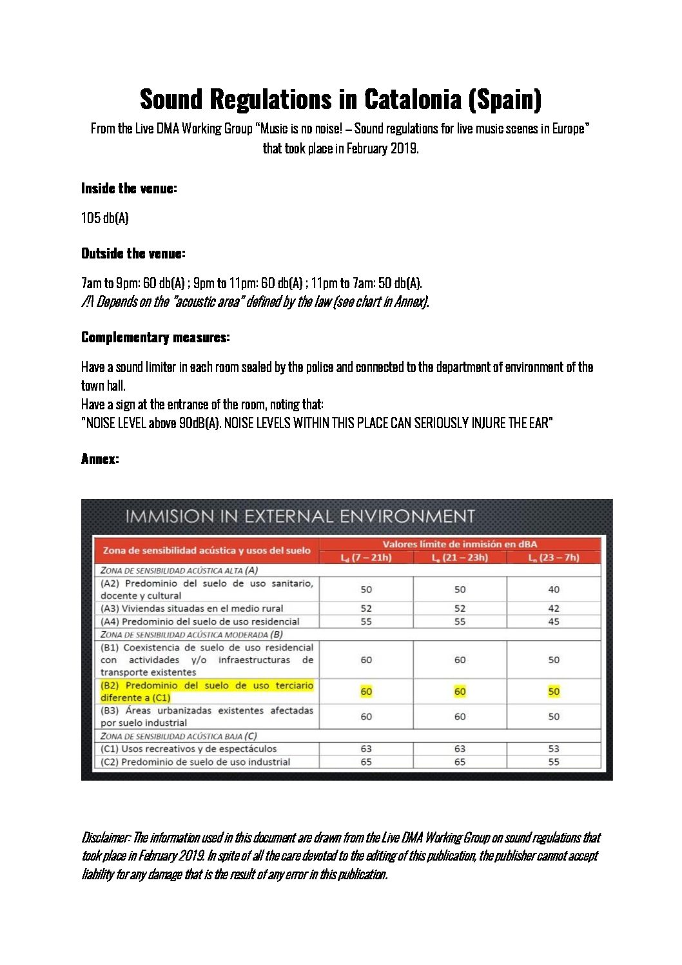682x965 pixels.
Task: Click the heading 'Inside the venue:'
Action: point(129,188)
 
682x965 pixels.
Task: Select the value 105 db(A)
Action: point(105,218)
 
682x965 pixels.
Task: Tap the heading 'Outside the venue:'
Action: point(133,253)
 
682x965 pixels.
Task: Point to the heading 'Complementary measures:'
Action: point(155,337)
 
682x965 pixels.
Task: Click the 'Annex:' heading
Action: point(100,459)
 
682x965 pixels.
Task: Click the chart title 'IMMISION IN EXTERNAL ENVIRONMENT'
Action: point(300,516)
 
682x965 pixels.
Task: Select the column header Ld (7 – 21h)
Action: point(366,558)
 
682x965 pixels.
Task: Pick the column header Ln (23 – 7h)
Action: point(554,558)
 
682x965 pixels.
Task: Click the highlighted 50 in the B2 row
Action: point(554,692)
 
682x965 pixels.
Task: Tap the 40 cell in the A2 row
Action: point(554,589)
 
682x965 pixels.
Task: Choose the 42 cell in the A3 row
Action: point(554,609)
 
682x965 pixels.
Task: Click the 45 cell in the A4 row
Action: point(554,621)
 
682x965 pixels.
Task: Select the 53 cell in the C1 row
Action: point(554,749)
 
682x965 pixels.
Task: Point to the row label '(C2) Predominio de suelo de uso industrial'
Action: point(195,762)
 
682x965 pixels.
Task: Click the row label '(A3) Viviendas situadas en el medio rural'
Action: point(191,609)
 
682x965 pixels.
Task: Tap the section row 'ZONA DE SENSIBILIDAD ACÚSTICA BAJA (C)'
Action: point(179,736)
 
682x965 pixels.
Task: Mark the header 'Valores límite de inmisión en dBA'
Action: point(460,544)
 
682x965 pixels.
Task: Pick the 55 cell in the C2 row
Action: point(554,762)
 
